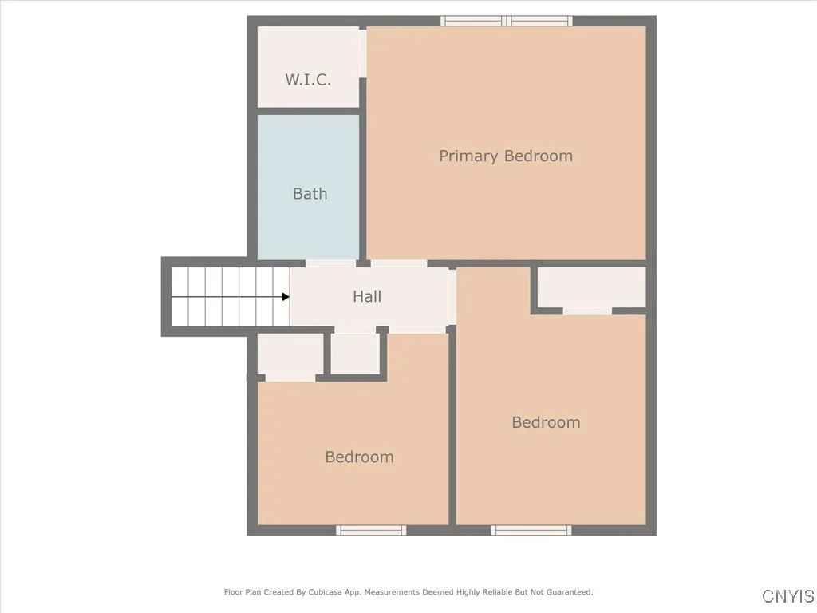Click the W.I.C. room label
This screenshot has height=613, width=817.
[x=308, y=80]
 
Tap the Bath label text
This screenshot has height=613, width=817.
[x=310, y=193]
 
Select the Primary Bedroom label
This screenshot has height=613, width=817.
[x=506, y=156]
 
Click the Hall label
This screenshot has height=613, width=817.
[x=367, y=296]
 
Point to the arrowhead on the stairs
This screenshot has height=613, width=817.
[x=286, y=297]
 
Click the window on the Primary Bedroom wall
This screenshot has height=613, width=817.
[x=507, y=21]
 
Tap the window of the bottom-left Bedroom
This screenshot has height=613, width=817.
[x=371, y=530]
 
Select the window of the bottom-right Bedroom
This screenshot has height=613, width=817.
[x=531, y=530]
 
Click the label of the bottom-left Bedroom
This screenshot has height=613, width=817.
[x=359, y=457]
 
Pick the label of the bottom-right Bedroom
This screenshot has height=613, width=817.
[x=546, y=422]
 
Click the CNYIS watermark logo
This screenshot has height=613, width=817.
[x=788, y=596]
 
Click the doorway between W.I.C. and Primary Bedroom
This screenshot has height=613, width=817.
[x=363, y=53]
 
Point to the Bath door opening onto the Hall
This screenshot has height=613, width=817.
[x=331, y=263]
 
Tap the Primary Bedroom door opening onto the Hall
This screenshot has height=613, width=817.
[x=399, y=263]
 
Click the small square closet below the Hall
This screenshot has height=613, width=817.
[x=355, y=353]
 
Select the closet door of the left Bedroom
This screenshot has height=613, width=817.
[x=290, y=378]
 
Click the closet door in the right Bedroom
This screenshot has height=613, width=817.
[x=587, y=311]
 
